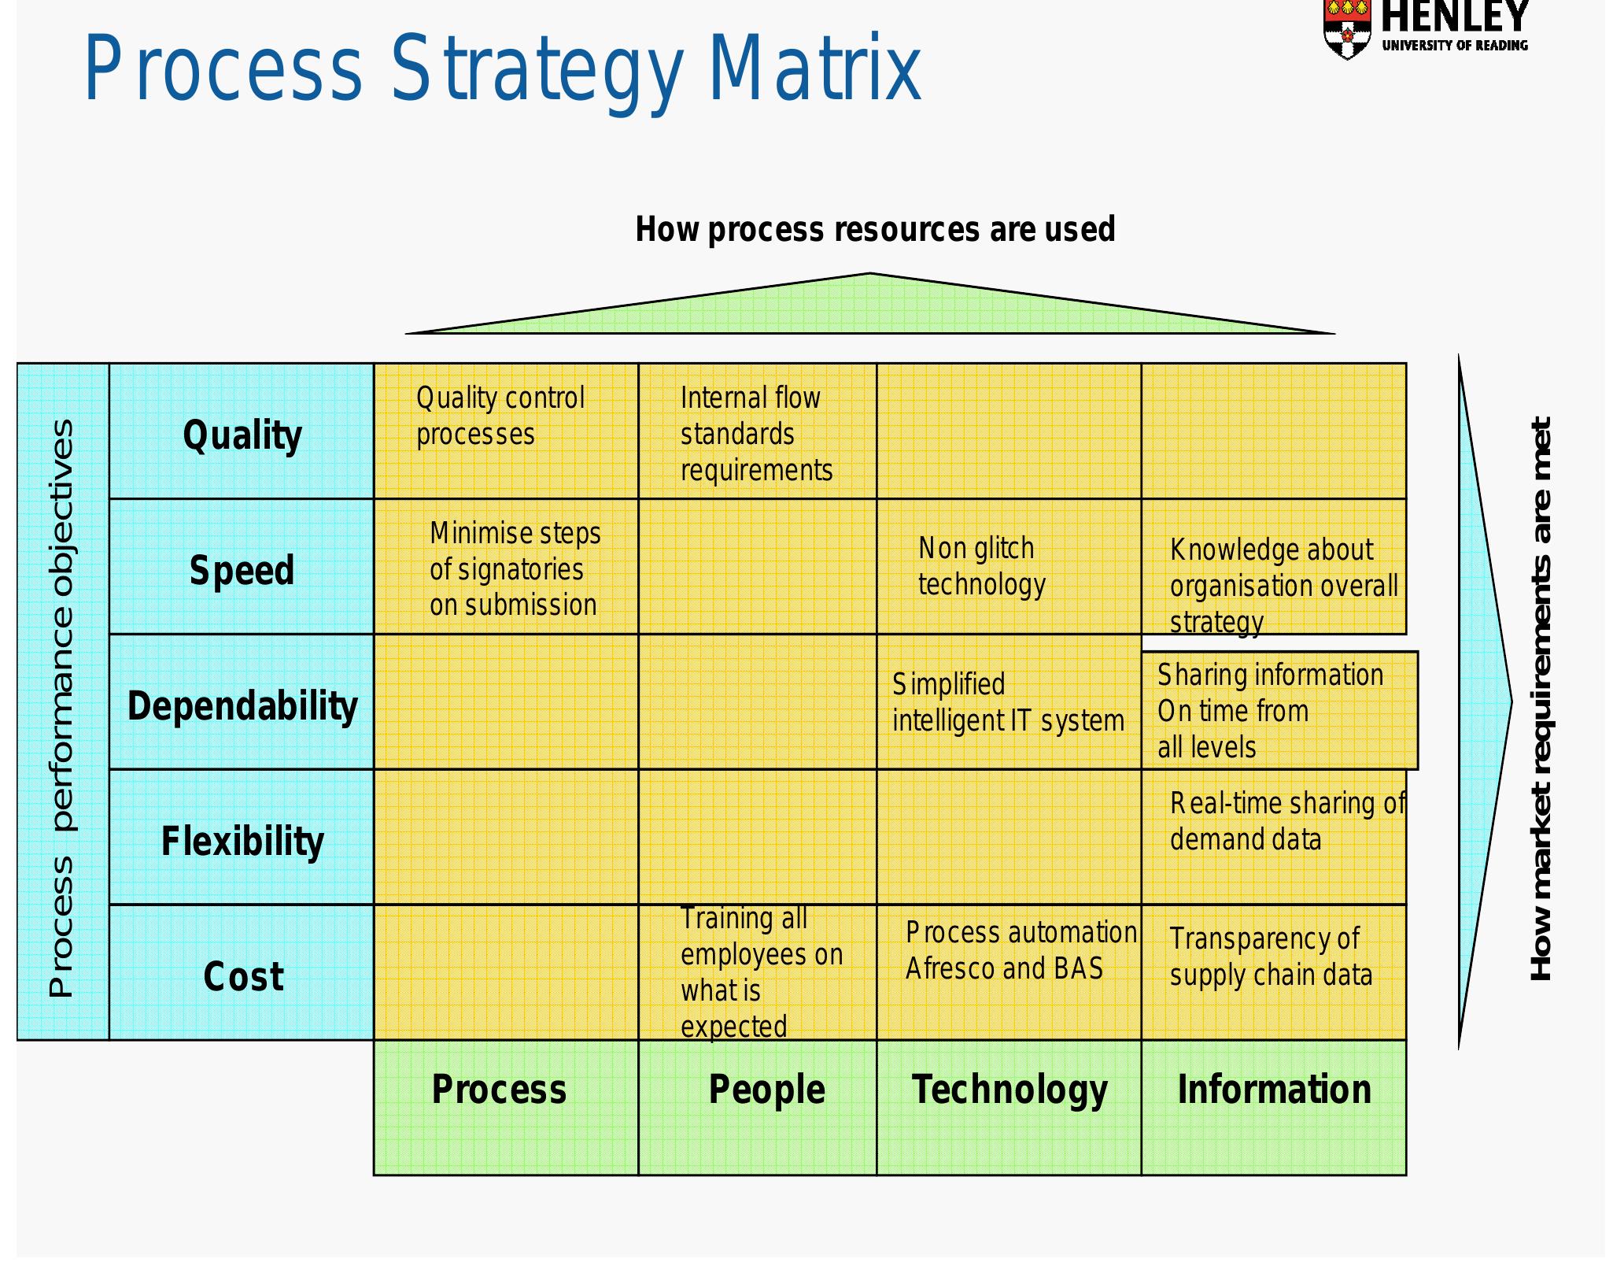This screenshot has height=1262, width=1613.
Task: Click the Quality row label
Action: (x=242, y=435)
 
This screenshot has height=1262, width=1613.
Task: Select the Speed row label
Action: (x=242, y=571)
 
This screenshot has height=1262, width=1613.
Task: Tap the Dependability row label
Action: (x=242, y=706)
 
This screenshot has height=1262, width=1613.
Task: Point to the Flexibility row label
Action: (x=242, y=842)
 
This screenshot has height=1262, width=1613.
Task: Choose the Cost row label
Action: (x=243, y=977)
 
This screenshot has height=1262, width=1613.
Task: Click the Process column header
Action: (x=499, y=1090)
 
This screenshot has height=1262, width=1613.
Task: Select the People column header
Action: (x=766, y=1090)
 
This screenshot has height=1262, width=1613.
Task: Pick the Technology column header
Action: (x=1010, y=1090)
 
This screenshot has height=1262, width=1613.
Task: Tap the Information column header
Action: (x=1274, y=1090)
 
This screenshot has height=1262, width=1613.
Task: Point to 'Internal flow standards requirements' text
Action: (x=755, y=434)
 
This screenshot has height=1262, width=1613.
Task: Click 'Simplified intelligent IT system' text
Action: (x=1007, y=702)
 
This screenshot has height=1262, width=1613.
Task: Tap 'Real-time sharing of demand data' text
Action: (x=1286, y=821)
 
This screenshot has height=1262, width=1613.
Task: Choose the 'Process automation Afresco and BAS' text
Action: (x=1021, y=950)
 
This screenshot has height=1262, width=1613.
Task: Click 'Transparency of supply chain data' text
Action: (x=1270, y=957)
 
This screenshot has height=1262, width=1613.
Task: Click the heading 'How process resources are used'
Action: (x=875, y=230)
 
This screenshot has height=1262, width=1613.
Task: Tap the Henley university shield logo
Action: (x=1346, y=29)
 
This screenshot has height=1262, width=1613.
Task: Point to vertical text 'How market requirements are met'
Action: (x=1541, y=699)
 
